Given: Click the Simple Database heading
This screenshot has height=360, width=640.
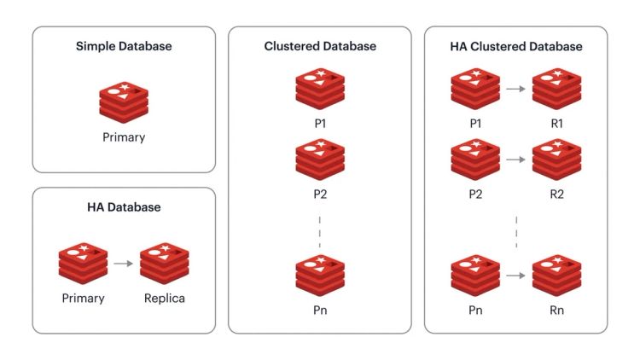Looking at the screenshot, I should point(124,46).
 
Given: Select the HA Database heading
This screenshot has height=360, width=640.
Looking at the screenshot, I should point(124,207).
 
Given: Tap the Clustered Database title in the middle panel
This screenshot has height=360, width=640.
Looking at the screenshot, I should point(320,46).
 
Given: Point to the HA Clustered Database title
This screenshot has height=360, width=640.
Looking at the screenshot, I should point(516,46).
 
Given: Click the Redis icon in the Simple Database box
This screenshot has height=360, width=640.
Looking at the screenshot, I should point(124,101).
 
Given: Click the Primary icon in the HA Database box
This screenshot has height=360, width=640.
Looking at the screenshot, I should point(84,264).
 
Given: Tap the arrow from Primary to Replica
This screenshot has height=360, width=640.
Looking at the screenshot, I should point(124,264).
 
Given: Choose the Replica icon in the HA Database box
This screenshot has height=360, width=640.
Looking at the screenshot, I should point(164,264).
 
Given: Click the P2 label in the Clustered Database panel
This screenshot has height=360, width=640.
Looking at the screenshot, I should point(320,194).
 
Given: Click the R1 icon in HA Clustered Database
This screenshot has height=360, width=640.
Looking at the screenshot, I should point(556,89).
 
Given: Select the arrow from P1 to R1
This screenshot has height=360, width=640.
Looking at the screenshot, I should point(515,88).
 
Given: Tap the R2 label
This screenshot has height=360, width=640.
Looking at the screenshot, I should point(556,194).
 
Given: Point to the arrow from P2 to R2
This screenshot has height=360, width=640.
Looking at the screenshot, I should point(515,159).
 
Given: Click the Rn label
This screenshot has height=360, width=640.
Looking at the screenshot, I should point(556,311).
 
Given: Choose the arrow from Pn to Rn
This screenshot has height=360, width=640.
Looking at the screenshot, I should point(515,276).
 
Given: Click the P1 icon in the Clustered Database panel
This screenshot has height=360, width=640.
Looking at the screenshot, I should point(320,89).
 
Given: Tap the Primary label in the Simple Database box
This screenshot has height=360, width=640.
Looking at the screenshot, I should point(124,136).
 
